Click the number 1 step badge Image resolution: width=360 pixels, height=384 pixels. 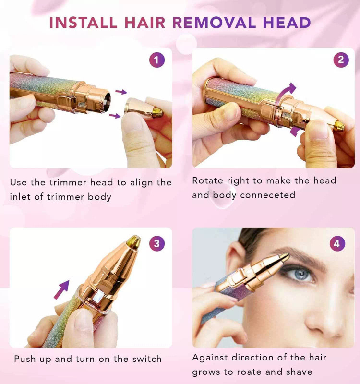point(157,60)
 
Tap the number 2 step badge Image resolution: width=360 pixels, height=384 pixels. point(341,60)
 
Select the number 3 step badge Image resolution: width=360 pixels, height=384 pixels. point(157,243)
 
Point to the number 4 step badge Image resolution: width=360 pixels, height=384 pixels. point(337,243)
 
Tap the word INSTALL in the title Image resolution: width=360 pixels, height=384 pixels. point(83,23)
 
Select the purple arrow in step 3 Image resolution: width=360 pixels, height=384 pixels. point(61,290)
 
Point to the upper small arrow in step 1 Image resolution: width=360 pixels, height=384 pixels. point(121,92)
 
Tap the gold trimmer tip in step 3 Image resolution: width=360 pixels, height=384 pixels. point(134,241)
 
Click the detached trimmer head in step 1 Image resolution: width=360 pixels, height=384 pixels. point(144,109)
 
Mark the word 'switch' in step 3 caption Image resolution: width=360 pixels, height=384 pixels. point(147,359)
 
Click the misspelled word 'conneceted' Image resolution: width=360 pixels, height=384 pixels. point(268,195)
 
